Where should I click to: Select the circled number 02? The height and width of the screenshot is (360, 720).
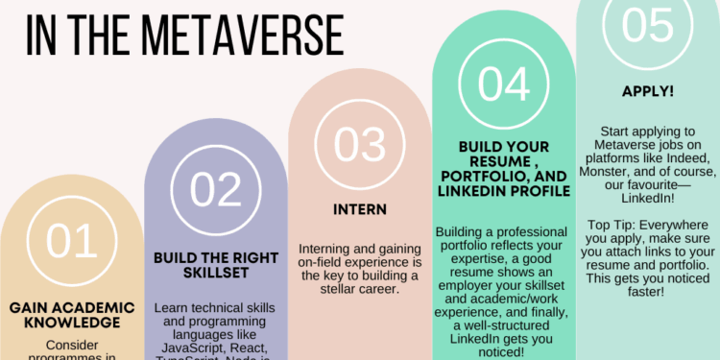point(215,190)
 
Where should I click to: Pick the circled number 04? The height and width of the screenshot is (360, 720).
point(503,84)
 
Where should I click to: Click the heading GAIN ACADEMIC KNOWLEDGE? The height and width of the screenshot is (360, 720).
point(71,315)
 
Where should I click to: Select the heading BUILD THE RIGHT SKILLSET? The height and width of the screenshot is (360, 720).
point(215,267)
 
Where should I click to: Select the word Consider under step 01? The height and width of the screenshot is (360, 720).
point(72,343)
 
